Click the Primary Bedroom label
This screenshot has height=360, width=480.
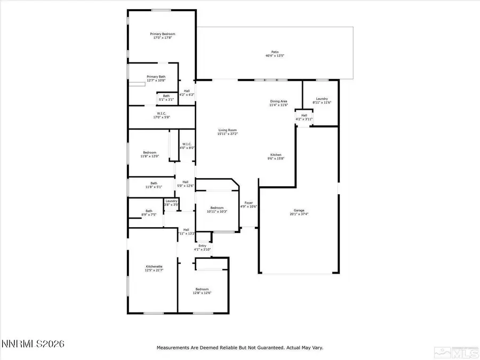point(162,34)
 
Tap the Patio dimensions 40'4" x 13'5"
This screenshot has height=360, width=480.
point(275,56)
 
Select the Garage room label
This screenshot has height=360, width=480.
point(299,210)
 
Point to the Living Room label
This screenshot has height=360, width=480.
point(227,130)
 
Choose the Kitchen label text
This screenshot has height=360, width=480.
point(275,155)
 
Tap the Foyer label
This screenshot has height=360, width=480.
point(249,203)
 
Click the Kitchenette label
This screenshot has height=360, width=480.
point(154,266)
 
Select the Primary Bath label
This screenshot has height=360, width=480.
point(156,77)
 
